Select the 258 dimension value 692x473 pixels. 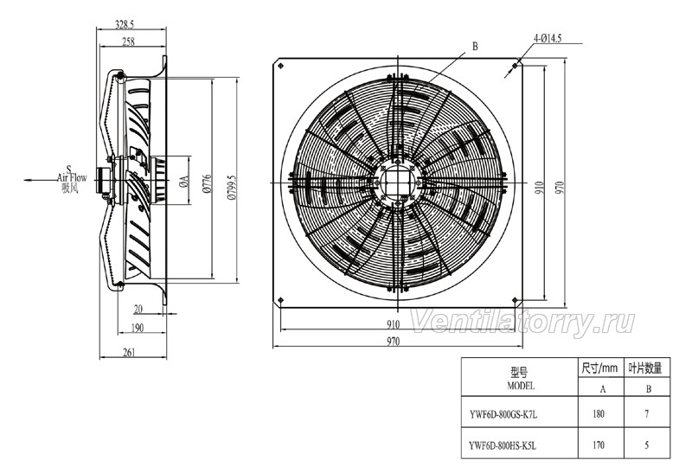127,42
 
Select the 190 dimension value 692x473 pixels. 136,328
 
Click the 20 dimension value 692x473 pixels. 138,309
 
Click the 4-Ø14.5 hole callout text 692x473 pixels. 548,39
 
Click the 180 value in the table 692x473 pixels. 601,414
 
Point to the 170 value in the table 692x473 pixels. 601,446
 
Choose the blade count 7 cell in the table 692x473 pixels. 648,414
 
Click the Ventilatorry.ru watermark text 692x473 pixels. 522,322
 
